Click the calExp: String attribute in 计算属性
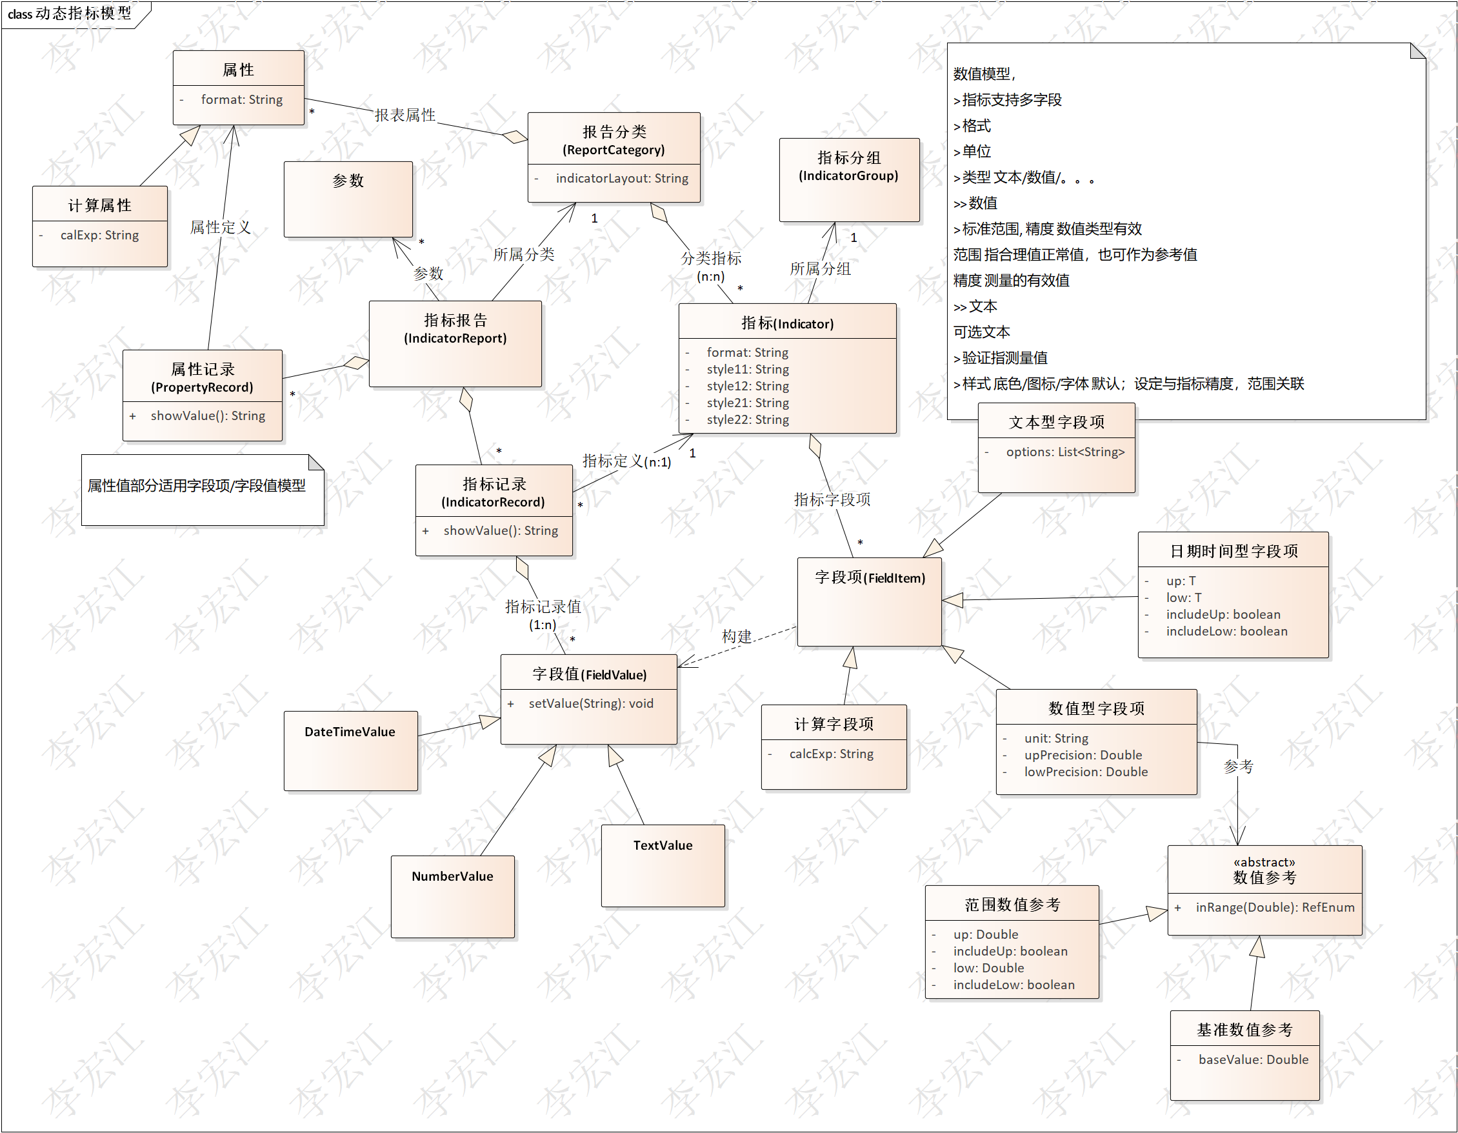(x=99, y=235)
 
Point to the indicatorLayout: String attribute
(x=621, y=178)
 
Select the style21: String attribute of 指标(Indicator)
(x=748, y=403)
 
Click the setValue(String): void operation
(x=591, y=703)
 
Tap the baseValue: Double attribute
(x=1253, y=1059)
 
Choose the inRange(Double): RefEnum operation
(x=1274, y=907)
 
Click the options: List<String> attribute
(x=1065, y=452)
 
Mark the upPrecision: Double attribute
(x=1083, y=755)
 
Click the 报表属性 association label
(x=404, y=115)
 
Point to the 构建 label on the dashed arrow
(x=736, y=636)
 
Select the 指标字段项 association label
(x=832, y=499)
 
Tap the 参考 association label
(x=1239, y=767)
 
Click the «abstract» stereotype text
(x=1264, y=862)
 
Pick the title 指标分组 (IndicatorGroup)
(x=848, y=166)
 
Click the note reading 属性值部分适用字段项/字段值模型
(x=197, y=486)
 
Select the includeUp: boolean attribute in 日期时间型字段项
(x=1223, y=614)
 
